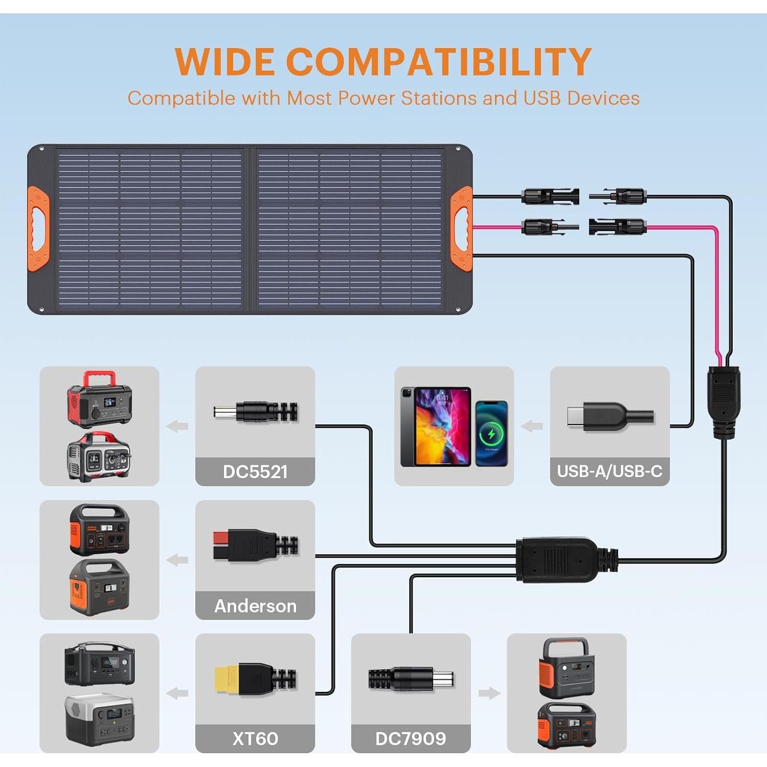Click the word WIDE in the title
point(224,62)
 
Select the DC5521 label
point(255,471)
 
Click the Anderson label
point(255,606)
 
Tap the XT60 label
point(255,739)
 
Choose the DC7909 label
point(411,739)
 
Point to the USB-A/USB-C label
point(610,471)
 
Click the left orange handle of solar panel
point(38,229)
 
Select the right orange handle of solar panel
point(461,229)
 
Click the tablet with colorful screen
point(436,426)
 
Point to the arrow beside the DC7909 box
point(489,693)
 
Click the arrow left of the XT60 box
point(177,693)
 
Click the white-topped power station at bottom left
point(99,719)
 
